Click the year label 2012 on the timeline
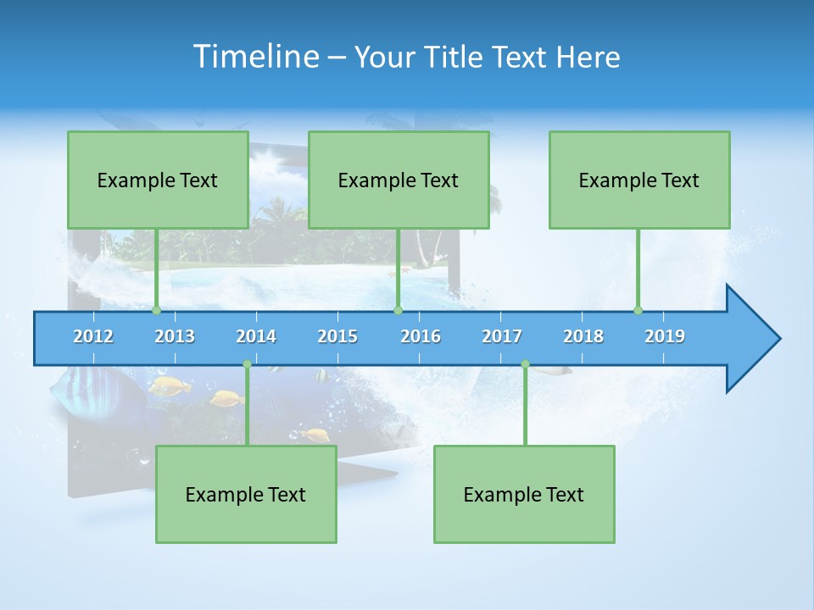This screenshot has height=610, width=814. pyautogui.click(x=93, y=336)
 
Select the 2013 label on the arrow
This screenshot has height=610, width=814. pyautogui.click(x=175, y=336)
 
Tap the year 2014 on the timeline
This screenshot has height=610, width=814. pyautogui.click(x=256, y=336)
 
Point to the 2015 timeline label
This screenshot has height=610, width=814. pyautogui.click(x=337, y=336)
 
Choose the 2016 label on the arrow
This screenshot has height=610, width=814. pyautogui.click(x=421, y=336)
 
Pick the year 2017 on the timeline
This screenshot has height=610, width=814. pyautogui.click(x=502, y=336)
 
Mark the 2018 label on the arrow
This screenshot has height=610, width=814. pyautogui.click(x=583, y=336)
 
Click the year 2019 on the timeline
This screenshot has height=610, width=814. pyautogui.click(x=665, y=336)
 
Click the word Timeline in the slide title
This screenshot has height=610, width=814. pyautogui.click(x=255, y=57)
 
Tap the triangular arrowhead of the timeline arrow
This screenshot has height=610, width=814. pyautogui.click(x=750, y=339)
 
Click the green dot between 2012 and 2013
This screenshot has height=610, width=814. pyautogui.click(x=156, y=311)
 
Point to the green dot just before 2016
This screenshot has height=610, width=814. pyautogui.click(x=398, y=311)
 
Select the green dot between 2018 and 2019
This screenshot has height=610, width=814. pyautogui.click(x=638, y=311)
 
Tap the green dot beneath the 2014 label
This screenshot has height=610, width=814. pyautogui.click(x=247, y=364)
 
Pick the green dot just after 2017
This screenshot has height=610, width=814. pyautogui.click(x=525, y=364)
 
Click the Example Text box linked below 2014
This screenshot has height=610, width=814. pyautogui.click(x=246, y=494)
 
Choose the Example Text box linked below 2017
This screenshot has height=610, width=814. pyautogui.click(x=524, y=494)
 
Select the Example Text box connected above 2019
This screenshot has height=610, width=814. pyautogui.click(x=639, y=180)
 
